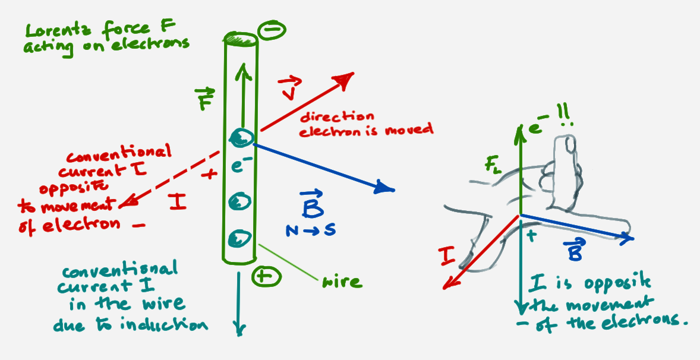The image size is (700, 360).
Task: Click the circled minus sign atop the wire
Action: pos(272,30)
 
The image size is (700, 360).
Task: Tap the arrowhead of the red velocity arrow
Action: pos(344,79)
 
